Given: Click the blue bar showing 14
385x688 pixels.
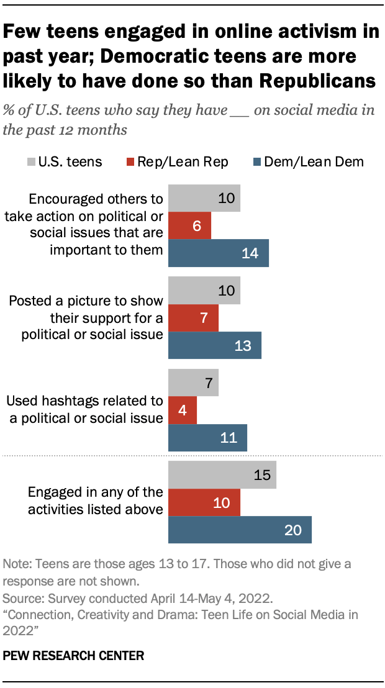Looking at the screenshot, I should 219,253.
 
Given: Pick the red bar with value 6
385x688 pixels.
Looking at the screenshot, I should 190,226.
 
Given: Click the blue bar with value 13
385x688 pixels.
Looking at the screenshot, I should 215,345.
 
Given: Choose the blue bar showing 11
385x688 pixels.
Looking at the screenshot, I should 208,438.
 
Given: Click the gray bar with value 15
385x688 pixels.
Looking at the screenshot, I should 222,474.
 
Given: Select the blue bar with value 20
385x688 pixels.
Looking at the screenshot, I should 240,530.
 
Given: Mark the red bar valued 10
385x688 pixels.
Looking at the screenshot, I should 204,502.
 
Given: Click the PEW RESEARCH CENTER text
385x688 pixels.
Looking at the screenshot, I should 74,655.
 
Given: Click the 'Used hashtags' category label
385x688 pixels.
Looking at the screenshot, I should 86,410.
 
